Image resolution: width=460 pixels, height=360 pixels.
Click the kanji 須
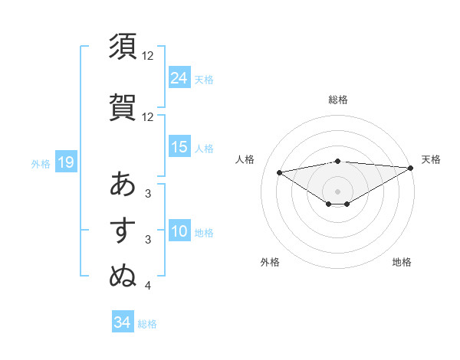(x=123, y=47)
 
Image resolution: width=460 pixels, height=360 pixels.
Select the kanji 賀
(x=123, y=106)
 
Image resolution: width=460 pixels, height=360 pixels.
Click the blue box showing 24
(x=179, y=78)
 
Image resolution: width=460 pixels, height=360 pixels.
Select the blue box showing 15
(x=179, y=147)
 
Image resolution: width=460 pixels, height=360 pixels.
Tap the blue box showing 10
(x=179, y=232)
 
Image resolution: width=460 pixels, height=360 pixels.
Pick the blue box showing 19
(x=65, y=162)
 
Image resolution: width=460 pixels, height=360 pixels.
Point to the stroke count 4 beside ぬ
(x=147, y=286)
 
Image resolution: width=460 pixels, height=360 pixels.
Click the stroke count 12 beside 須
(x=148, y=56)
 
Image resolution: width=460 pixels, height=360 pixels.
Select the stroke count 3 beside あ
(x=147, y=193)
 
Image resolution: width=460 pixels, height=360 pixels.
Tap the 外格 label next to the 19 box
(x=41, y=163)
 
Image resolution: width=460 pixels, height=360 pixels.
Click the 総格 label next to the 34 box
(x=147, y=324)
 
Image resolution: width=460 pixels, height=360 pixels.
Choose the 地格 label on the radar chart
(x=402, y=262)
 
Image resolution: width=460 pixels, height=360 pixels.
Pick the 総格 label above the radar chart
(x=337, y=100)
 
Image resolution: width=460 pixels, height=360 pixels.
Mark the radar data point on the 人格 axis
(x=279, y=172)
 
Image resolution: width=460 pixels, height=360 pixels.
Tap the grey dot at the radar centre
(x=337, y=191)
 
